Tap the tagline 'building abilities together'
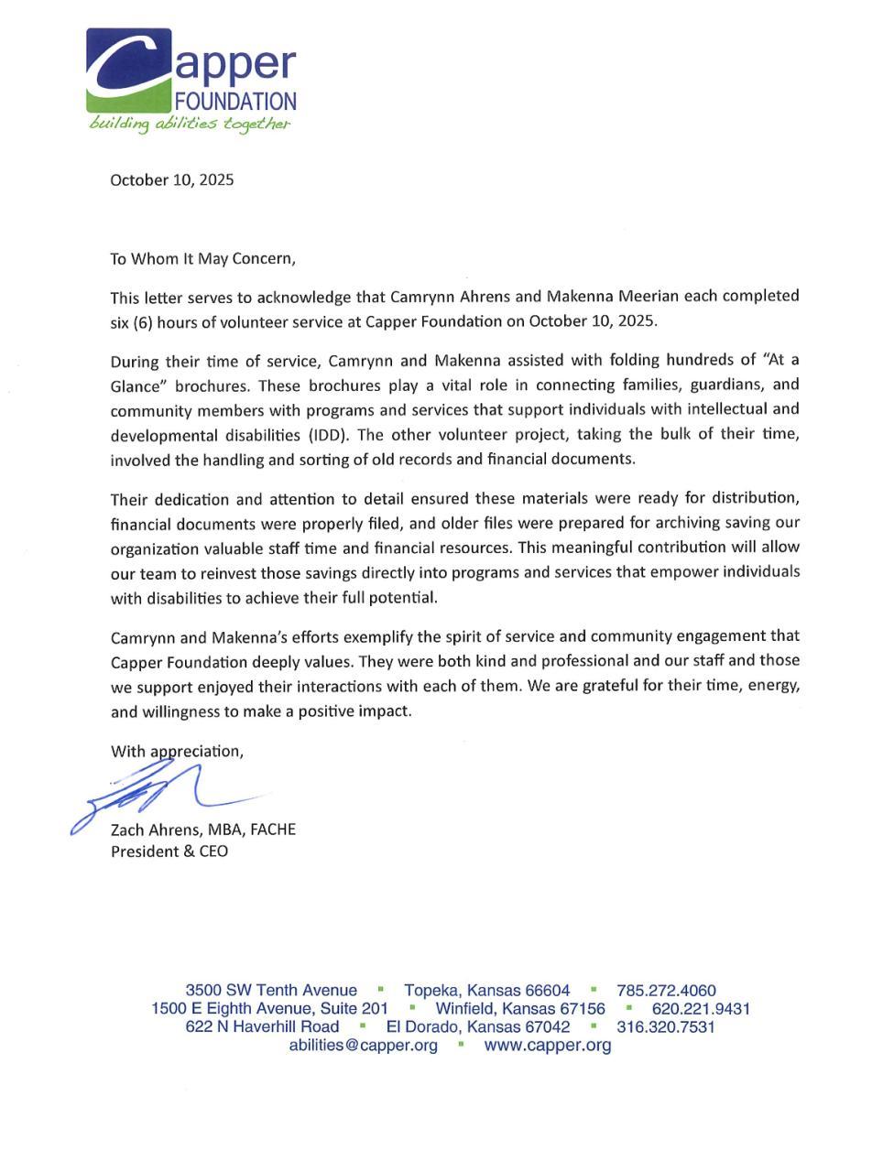tap(190, 125)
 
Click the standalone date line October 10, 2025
tap(172, 179)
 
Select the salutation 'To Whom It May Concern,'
tap(203, 258)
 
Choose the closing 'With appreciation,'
tap(178, 751)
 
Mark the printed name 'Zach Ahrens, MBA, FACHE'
tap(203, 830)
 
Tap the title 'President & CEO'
tap(169, 852)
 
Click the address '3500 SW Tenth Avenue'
tap(271, 990)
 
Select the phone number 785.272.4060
tap(666, 990)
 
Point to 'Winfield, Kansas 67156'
tap(520, 1008)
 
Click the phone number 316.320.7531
tap(666, 1026)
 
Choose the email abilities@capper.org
tap(363, 1045)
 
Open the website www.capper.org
tap(548, 1045)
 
